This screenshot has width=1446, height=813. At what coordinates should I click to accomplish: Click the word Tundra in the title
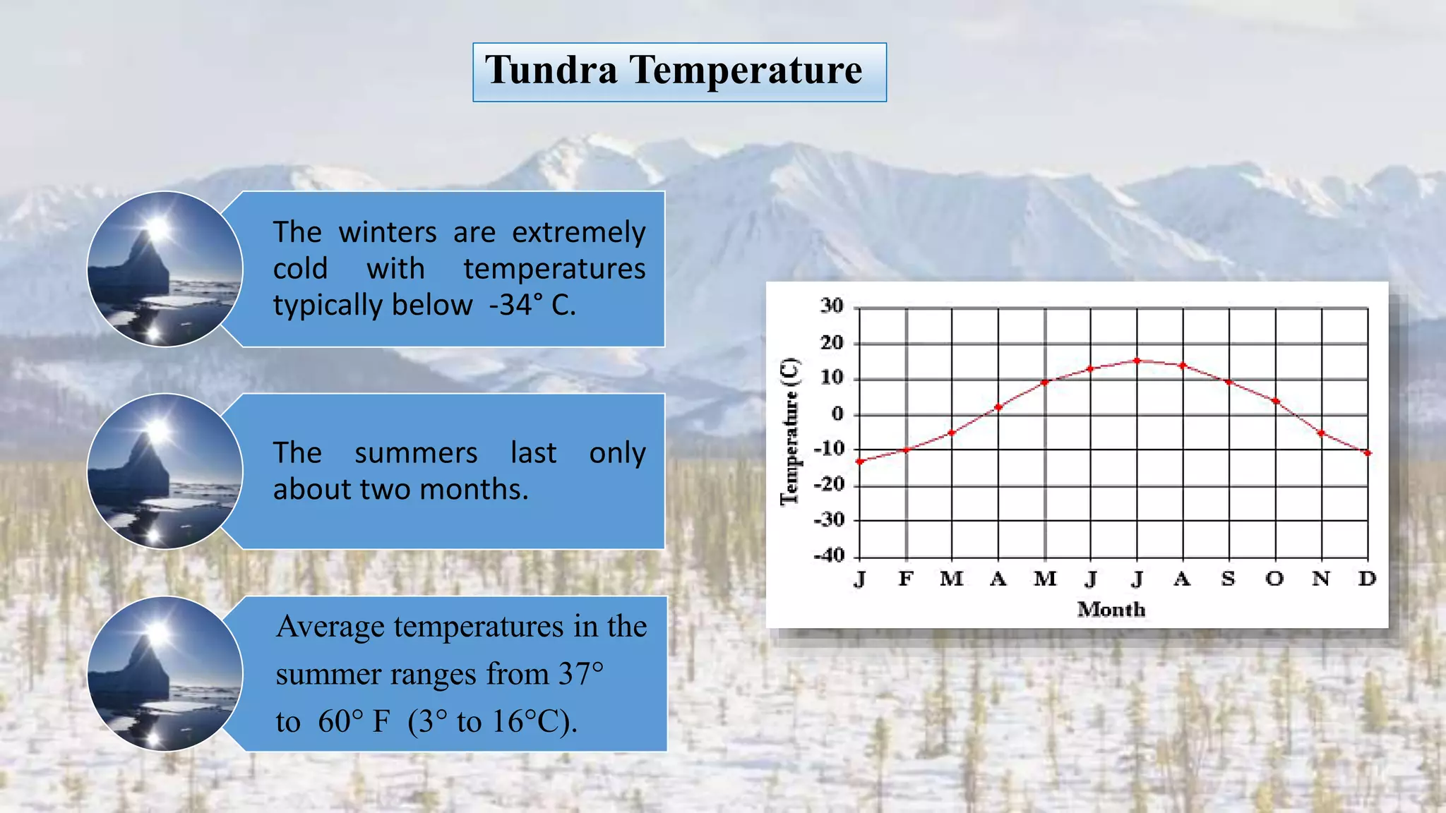point(551,71)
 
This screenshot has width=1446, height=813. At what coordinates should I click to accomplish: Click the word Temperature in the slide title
point(746,71)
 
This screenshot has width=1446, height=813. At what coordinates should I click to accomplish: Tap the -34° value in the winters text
point(516,306)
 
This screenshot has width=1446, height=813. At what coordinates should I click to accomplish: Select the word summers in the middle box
point(416,453)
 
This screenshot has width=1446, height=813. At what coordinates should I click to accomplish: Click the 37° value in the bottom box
point(580,675)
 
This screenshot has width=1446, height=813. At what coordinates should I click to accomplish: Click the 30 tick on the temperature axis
point(831,306)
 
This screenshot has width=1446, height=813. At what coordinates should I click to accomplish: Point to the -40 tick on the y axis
point(828,556)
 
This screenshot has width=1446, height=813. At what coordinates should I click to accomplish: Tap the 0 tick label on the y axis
point(837,414)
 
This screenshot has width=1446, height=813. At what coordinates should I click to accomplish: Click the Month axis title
point(1111,610)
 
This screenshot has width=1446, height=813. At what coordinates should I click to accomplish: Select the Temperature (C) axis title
point(790,432)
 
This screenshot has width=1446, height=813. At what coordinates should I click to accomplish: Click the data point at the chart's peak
point(1137,361)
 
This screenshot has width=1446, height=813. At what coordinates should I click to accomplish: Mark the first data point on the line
point(860,462)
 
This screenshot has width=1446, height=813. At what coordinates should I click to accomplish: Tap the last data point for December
point(1368,453)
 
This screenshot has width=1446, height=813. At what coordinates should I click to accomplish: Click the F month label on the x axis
point(906,579)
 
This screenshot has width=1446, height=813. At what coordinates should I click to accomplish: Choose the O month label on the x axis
point(1274,579)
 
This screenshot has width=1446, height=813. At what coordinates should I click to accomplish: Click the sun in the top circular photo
point(157,228)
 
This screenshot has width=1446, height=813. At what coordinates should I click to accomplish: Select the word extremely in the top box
point(578,233)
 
